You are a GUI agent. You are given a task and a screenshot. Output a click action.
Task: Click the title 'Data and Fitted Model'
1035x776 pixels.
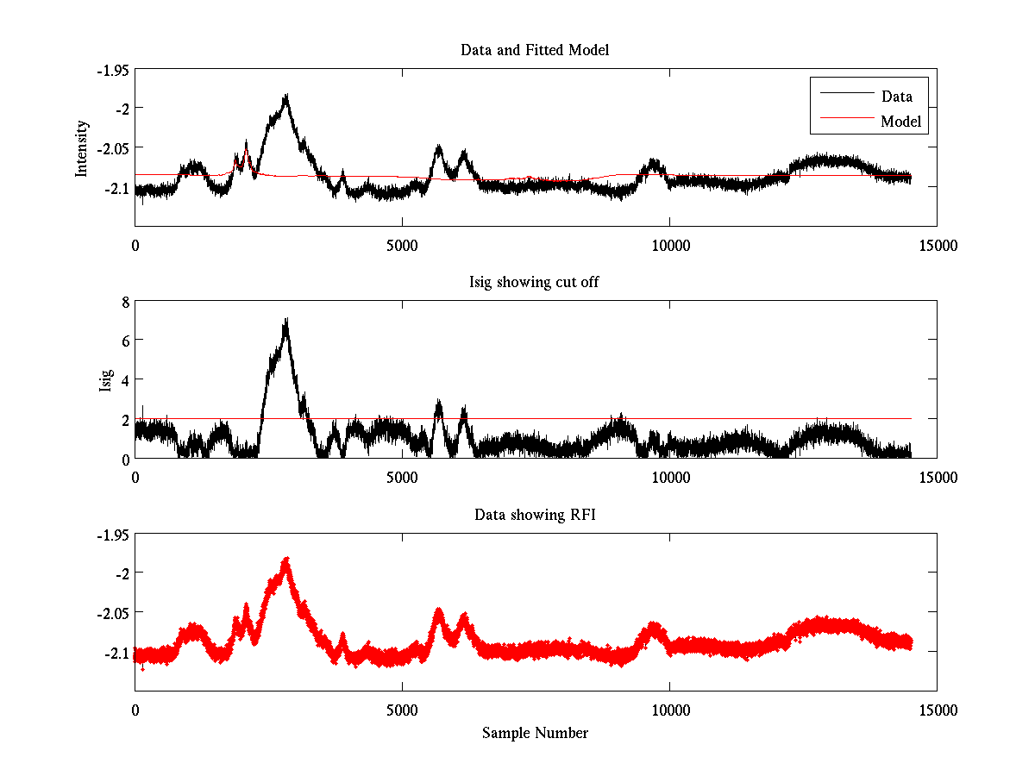coord(535,50)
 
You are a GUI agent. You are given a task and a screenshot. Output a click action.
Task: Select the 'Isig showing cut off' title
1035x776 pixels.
coord(534,282)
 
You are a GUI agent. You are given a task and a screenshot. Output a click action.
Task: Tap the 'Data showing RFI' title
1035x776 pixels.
coord(534,515)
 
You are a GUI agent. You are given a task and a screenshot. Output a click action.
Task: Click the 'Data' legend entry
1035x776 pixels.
coord(896,96)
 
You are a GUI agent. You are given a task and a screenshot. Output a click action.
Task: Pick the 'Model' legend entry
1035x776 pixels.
coord(900,122)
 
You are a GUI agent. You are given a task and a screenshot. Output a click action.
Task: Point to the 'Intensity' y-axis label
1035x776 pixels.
coord(82,147)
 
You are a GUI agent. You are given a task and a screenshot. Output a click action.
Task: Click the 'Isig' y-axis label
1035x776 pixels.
coord(106,380)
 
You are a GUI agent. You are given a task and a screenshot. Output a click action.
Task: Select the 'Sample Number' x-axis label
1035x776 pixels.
coord(535,733)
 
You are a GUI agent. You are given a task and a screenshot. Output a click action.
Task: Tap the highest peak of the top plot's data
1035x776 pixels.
coord(285,96)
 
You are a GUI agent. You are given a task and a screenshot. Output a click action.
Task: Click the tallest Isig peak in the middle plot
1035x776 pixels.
coord(285,320)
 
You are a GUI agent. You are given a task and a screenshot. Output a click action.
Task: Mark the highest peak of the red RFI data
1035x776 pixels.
coord(285,560)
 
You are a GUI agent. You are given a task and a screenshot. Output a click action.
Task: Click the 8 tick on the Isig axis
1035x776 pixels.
coord(124,302)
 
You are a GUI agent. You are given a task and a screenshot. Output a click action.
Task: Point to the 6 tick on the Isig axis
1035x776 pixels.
coord(124,341)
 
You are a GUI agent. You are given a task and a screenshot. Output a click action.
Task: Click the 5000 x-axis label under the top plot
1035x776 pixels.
coord(402,246)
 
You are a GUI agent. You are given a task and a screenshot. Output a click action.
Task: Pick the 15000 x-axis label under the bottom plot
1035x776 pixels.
coord(937,710)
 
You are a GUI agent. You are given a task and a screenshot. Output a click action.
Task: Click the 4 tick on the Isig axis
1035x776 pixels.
coord(124,379)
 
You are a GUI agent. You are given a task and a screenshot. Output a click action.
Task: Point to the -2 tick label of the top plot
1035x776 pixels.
coord(120,108)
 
